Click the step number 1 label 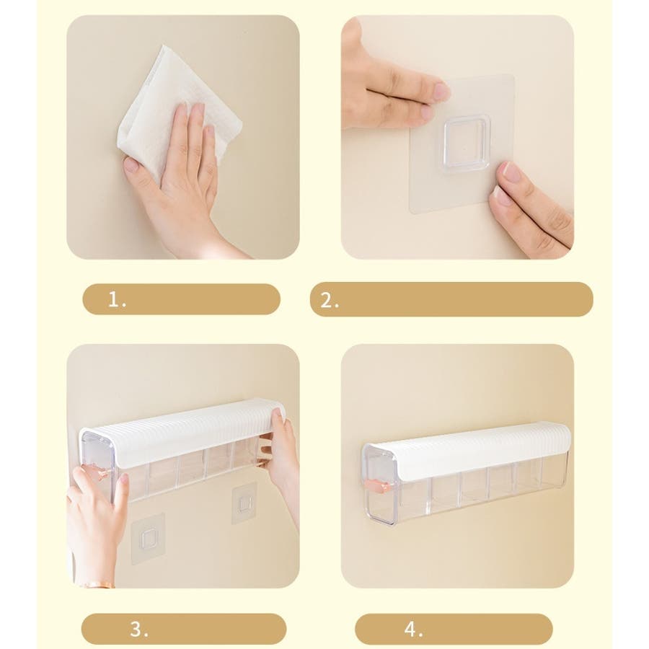[117, 299]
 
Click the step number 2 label [330, 301]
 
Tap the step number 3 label [139, 629]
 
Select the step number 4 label [413, 629]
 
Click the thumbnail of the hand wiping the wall [183, 137]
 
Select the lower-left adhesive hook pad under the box [148, 539]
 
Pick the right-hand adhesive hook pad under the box [244, 503]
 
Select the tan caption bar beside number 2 [451, 299]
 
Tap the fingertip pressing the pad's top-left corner [441, 90]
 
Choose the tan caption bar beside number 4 [454, 629]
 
